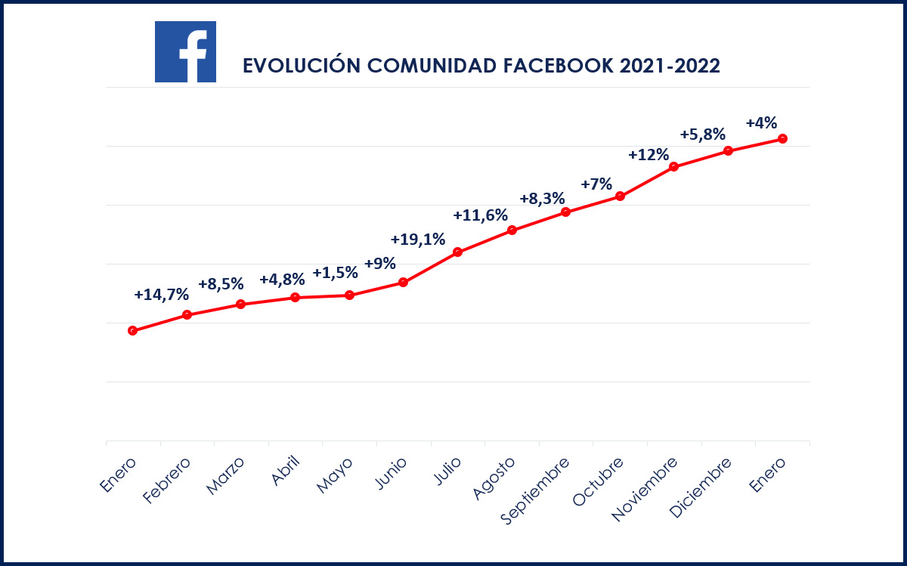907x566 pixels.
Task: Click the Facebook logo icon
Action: [x=185, y=51]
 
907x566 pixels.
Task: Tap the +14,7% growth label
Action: [x=161, y=295]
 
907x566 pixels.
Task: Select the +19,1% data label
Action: [x=417, y=240]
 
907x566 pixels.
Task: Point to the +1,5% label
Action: [x=335, y=272]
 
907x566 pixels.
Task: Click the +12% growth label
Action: [x=649, y=155]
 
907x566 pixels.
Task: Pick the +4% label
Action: [x=761, y=123]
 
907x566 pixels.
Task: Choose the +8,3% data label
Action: [x=542, y=199]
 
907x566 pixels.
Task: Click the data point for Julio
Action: [x=457, y=252]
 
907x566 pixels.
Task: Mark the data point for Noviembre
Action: [x=674, y=167]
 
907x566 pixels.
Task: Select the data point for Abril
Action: [x=295, y=298]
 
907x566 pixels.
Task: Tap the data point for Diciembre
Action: [x=729, y=150]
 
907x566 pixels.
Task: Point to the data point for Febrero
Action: [x=187, y=314]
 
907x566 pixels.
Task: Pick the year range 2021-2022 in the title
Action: [x=670, y=66]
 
